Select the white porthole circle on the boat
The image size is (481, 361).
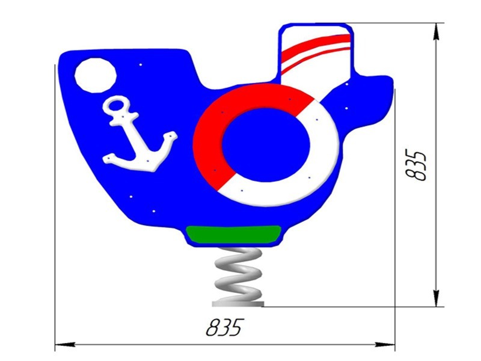[96, 75]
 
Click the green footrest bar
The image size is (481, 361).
[233, 234]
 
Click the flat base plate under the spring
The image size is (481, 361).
[238, 304]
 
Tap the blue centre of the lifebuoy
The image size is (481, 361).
[266, 145]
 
